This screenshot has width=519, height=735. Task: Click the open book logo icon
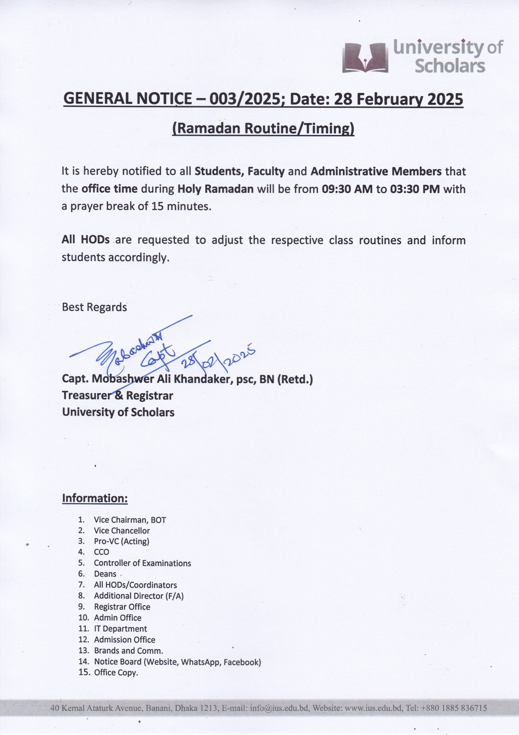pos(365,58)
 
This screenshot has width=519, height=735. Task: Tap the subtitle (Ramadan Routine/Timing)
pos(263,128)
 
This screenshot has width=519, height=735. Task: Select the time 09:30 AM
pos(347,189)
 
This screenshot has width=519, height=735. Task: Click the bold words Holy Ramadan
pos(215,189)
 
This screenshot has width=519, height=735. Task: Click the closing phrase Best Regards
pos(94,307)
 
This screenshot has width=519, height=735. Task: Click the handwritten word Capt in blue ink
pos(158,356)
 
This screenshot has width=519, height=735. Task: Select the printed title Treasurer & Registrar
pos(117,396)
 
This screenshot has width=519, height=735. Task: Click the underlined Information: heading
pos(95,498)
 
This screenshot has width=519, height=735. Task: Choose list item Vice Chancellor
pos(122,531)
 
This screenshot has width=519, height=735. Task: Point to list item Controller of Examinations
pos(142,563)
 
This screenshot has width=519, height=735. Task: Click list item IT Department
pos(120,628)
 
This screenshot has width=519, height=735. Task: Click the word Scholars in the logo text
pos(450,66)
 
